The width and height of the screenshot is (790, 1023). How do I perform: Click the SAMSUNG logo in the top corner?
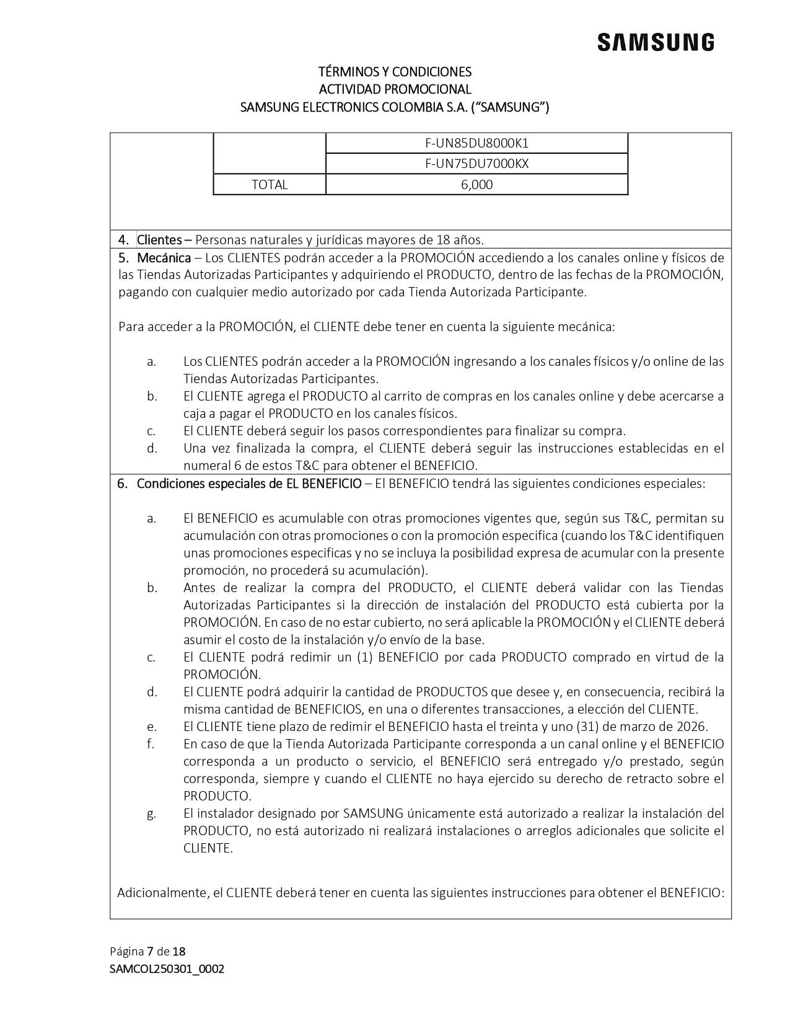click(656, 43)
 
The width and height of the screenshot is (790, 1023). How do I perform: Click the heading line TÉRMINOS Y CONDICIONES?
click(395, 71)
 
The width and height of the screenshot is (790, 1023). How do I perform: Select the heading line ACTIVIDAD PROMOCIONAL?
click(395, 89)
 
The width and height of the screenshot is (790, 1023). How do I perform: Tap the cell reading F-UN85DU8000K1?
click(476, 143)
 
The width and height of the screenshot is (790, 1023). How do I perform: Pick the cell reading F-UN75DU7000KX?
click(476, 164)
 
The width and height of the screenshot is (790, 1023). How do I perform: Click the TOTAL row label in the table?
click(270, 185)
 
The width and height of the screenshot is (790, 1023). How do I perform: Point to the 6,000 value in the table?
click(476, 185)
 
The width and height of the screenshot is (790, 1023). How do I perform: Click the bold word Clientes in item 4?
click(159, 239)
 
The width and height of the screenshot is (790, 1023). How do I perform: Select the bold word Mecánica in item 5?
click(164, 257)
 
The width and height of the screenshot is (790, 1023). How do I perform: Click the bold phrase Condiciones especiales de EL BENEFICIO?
click(248, 484)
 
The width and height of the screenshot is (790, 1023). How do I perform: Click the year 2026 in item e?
click(694, 727)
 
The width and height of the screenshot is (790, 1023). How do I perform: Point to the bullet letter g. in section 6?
click(152, 814)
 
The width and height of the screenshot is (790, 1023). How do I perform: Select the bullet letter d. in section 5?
click(152, 448)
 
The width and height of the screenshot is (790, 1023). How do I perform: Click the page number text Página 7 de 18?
click(147, 951)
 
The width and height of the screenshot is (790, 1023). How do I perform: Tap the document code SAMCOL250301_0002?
click(167, 969)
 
